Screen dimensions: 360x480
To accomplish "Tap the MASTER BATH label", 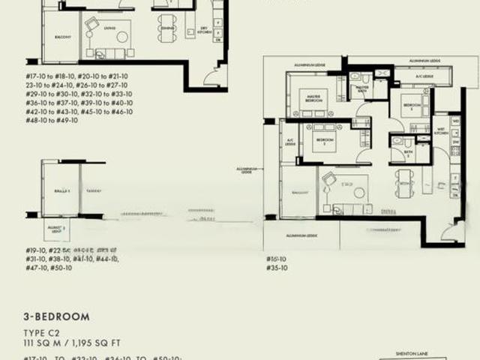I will point(363,88).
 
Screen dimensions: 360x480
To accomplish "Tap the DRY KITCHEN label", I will point(202,30).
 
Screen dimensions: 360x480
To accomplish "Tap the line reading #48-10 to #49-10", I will point(57,119).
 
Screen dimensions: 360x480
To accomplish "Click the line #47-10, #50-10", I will point(49,268).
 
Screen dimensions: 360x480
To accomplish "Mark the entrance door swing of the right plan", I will point(452,233).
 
